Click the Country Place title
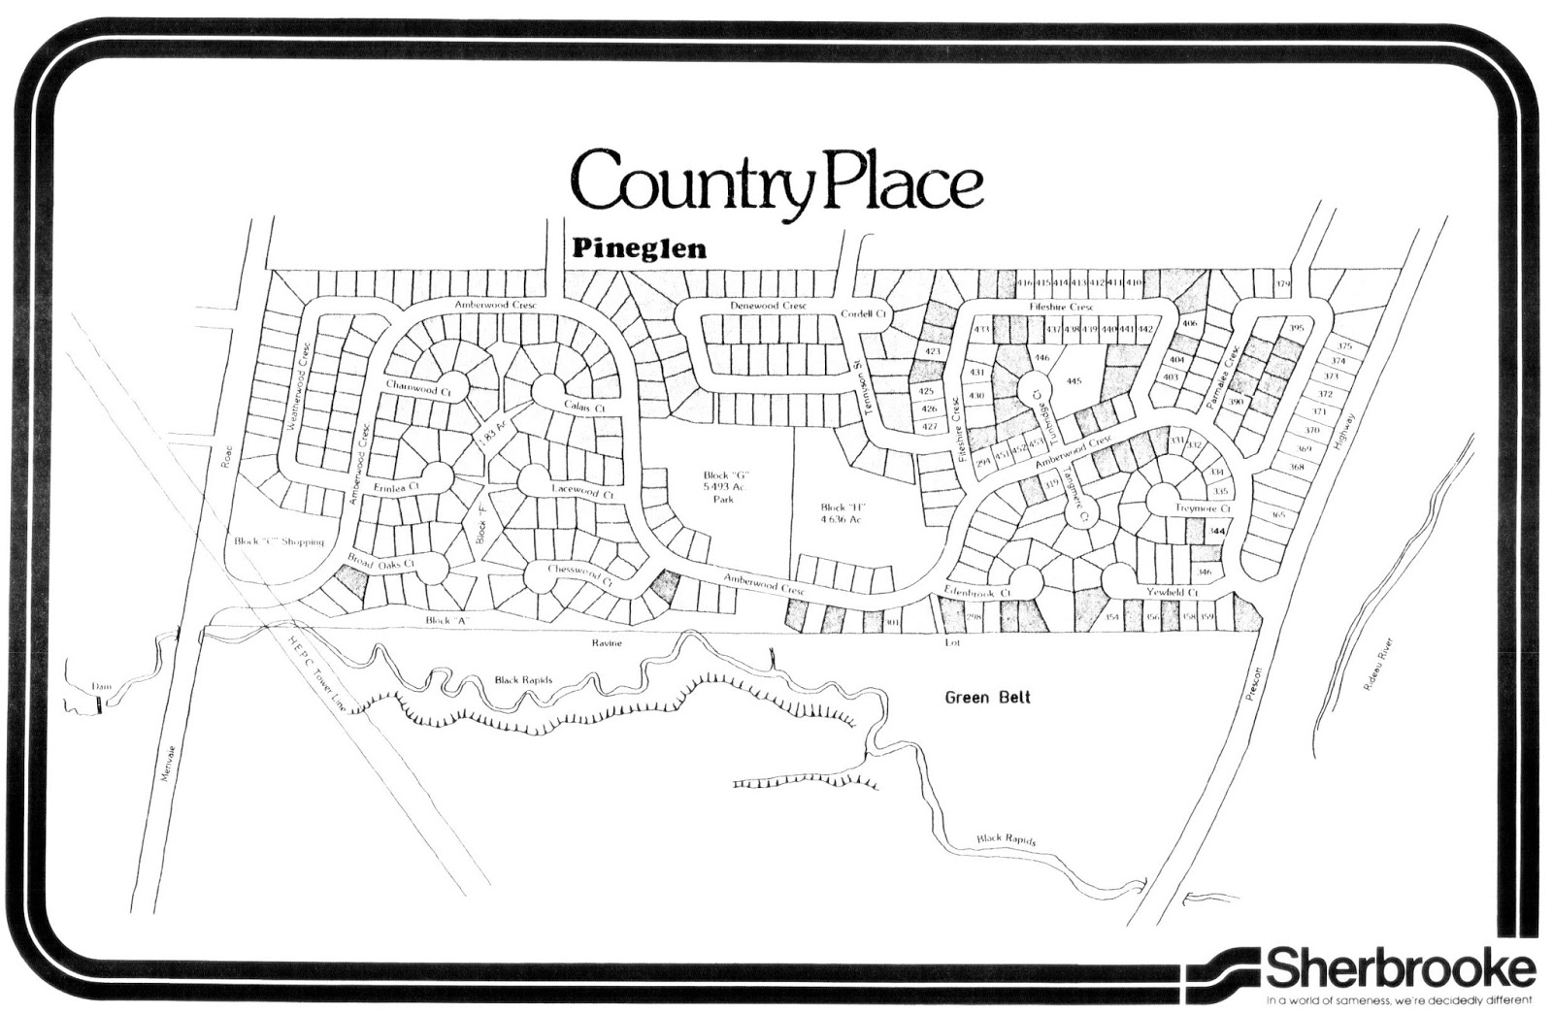coord(776,180)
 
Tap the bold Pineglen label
coord(639,248)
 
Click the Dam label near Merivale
coord(101,686)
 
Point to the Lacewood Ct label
coord(582,491)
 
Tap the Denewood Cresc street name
coord(768,306)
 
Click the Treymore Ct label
coord(1202,508)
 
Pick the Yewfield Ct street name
coord(1173,592)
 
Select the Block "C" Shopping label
coord(279,541)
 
